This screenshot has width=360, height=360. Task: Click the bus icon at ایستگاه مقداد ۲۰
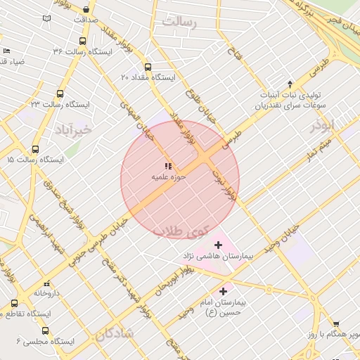pyautogui.click(x=147, y=67)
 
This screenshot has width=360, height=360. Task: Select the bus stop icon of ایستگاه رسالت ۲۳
pyautogui.click(x=59, y=93)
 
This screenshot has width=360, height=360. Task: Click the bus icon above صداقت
pyautogui.click(x=86, y=10)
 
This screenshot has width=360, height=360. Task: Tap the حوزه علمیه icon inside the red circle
pyautogui.click(x=168, y=167)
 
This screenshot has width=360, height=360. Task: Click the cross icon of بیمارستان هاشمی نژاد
pyautogui.click(x=218, y=245)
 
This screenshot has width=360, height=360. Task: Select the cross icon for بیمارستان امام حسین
pyautogui.click(x=224, y=290)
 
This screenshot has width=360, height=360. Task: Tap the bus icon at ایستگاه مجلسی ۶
pyautogui.click(x=46, y=330)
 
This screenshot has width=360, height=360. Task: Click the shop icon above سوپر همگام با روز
pyautogui.click(x=336, y=324)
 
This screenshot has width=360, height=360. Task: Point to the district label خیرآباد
pyautogui.click(x=72, y=129)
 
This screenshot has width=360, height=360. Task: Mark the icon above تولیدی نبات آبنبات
pyautogui.click(x=289, y=84)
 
